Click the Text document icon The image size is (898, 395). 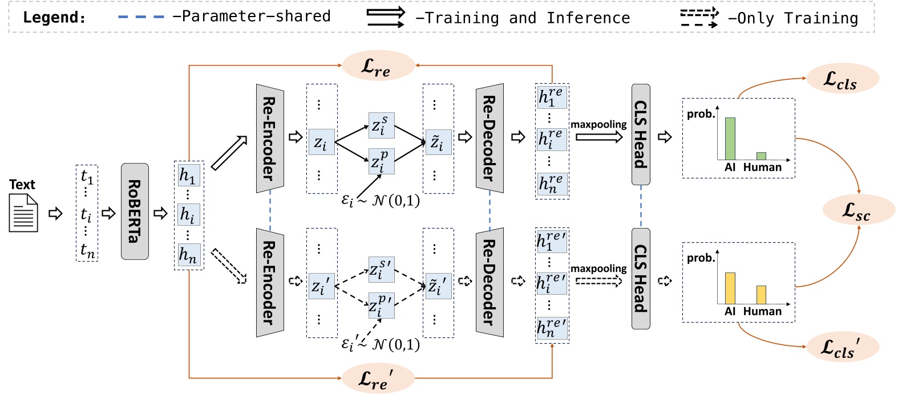[23, 213]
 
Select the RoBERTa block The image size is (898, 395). [135, 211]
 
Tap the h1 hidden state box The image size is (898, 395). [188, 175]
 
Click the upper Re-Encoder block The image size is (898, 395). [270, 139]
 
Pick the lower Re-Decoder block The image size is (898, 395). [490, 282]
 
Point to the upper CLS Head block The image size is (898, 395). [641, 135]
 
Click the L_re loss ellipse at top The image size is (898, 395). [377, 66]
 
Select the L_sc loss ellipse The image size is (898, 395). [857, 210]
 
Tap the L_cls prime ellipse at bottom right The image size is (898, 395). [842, 347]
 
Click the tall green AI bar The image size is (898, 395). [730, 139]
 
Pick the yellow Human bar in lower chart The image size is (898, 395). [761, 295]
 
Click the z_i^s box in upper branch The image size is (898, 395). [381, 125]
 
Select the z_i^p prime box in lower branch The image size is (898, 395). [381, 305]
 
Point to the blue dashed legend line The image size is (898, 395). [141, 17]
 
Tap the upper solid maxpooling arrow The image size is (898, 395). [598, 137]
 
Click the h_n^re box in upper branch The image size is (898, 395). [552, 184]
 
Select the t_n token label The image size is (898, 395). [87, 250]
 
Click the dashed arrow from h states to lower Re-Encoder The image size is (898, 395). [228, 266]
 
